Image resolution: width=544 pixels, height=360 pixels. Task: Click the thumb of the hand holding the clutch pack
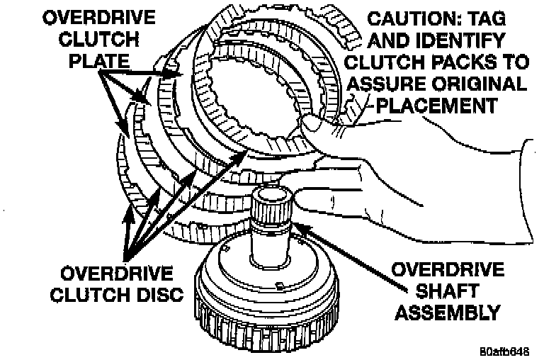pyautogui.click(x=315, y=128)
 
